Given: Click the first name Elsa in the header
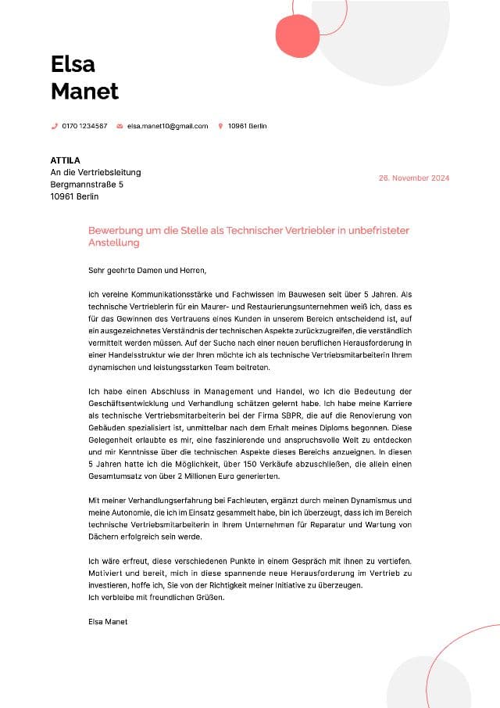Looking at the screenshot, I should (x=73, y=63).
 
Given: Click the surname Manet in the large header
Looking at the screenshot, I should (x=84, y=91).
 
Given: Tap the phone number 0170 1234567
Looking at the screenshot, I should (x=84, y=126).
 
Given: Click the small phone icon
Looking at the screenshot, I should (x=55, y=126).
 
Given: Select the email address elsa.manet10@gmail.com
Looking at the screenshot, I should (x=167, y=126).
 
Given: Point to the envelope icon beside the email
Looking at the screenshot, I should (x=120, y=126).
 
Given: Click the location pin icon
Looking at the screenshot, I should (x=221, y=126).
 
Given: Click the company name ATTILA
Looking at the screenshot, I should (x=66, y=160).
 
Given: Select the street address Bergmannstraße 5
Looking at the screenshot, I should (x=87, y=185).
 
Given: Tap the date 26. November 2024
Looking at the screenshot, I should (x=414, y=178).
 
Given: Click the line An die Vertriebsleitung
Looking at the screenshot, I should (x=95, y=172).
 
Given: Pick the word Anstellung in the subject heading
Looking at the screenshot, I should (x=114, y=243).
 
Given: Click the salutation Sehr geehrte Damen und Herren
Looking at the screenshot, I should (x=147, y=271).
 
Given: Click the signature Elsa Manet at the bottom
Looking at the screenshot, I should (x=108, y=621).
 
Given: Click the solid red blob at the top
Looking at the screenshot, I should (x=298, y=35).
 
